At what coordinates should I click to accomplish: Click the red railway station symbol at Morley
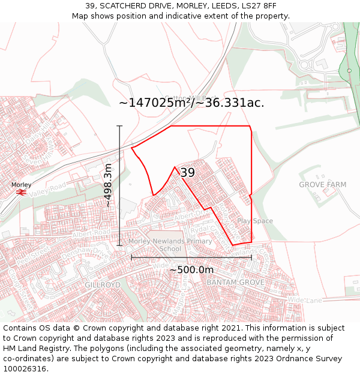(x=21, y=192)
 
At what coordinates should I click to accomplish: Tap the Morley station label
(x=21, y=185)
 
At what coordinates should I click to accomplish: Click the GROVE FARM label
(x=323, y=185)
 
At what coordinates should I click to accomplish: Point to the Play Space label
(x=255, y=221)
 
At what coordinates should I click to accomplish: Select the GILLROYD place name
(x=103, y=284)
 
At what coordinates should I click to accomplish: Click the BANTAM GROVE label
(x=235, y=281)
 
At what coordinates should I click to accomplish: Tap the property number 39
(x=188, y=173)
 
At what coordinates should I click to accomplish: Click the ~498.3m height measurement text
(x=108, y=185)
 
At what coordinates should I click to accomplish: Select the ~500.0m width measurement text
(x=191, y=270)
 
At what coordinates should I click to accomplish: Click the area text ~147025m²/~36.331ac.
(x=191, y=103)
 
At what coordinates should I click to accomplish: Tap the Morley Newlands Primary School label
(x=170, y=245)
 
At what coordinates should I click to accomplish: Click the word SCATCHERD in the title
(x=127, y=6)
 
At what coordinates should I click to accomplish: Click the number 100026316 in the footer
(x=25, y=368)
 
